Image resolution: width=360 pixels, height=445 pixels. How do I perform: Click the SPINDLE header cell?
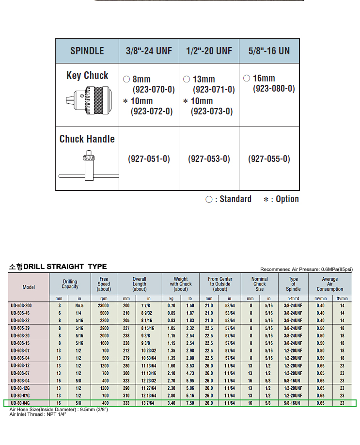87,51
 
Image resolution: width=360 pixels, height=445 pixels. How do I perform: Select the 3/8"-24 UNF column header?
149,51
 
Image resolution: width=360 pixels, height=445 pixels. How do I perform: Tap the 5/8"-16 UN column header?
269,51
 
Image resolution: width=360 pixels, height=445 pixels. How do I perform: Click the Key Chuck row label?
87,76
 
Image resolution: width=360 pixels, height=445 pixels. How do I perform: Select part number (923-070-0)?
153,90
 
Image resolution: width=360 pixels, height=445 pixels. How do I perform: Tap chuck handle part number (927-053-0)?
209,159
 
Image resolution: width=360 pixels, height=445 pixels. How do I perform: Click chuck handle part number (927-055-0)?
269,159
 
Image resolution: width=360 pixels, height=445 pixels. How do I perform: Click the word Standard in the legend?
235,199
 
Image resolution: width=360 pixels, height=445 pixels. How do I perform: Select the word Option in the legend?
287,199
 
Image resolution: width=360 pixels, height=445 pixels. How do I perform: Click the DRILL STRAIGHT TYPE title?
65,267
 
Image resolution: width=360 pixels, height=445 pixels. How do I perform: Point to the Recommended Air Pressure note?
306,270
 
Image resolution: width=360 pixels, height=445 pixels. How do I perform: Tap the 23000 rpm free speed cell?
104,306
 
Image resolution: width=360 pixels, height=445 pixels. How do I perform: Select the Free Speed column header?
104,284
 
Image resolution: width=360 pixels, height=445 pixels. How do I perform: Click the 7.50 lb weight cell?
190,403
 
